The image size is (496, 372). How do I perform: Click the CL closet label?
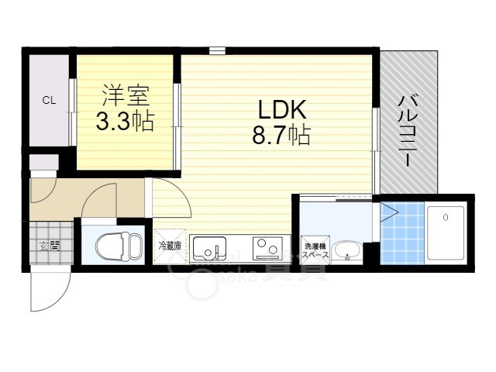tap(49, 100)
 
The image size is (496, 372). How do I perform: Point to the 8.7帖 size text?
tap(280, 136)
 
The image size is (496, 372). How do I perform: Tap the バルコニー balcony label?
tap(407, 129)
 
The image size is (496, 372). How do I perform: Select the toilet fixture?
tap(114, 247)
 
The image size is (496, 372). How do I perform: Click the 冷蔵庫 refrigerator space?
tap(170, 246)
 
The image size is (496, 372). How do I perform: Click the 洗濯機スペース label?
tap(315, 249)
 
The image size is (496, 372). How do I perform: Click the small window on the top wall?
tap(218, 51)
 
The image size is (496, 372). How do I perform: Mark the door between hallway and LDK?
tap(170, 199)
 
